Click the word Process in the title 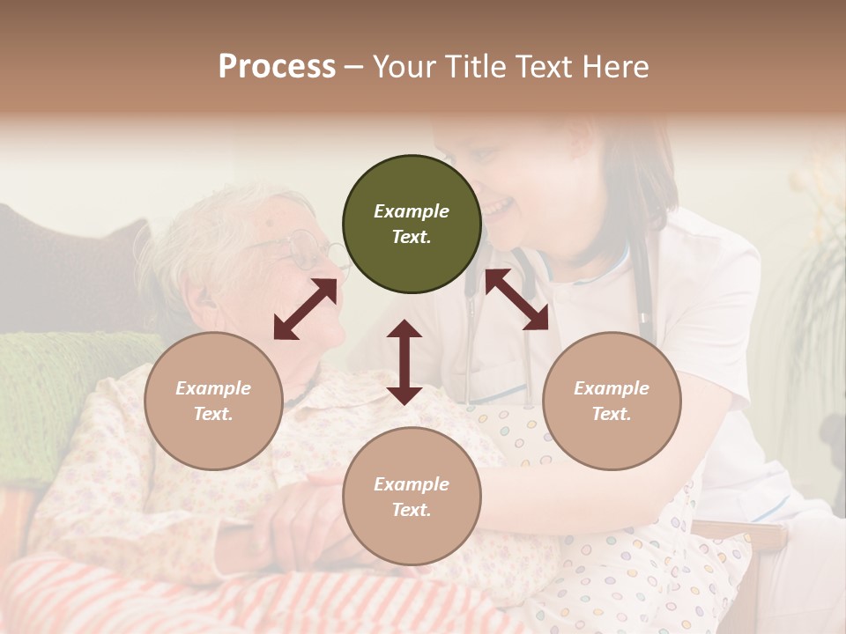[277, 67]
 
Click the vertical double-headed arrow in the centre [404, 363]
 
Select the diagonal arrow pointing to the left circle [305, 309]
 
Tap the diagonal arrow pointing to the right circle [517, 299]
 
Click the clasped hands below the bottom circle [308, 528]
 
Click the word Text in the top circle [412, 237]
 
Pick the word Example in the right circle [612, 388]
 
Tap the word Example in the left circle [213, 388]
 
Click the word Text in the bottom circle [412, 510]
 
